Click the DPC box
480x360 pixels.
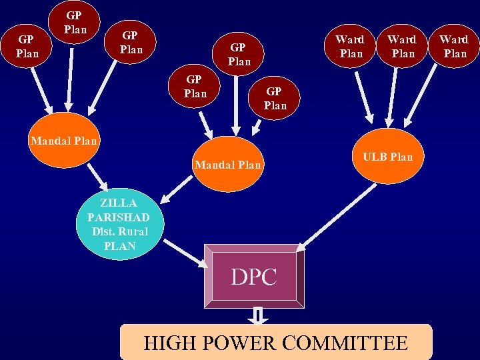point(254,276)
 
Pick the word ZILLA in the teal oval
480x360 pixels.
point(119,203)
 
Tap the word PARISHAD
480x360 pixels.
point(119,217)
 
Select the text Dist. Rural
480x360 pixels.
point(121,231)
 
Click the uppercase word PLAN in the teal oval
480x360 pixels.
point(120,246)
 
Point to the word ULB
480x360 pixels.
point(375,157)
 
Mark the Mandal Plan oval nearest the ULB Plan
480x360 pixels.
point(228,164)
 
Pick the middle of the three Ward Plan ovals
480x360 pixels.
point(402,46)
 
